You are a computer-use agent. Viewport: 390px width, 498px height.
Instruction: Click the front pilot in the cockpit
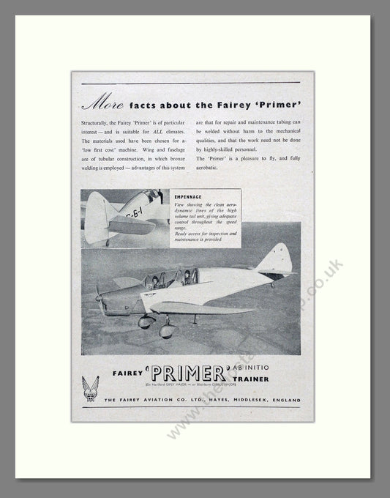pyautogui.click(x=155, y=280)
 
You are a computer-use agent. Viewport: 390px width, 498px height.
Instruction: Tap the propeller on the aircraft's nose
pyautogui.click(x=98, y=295)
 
